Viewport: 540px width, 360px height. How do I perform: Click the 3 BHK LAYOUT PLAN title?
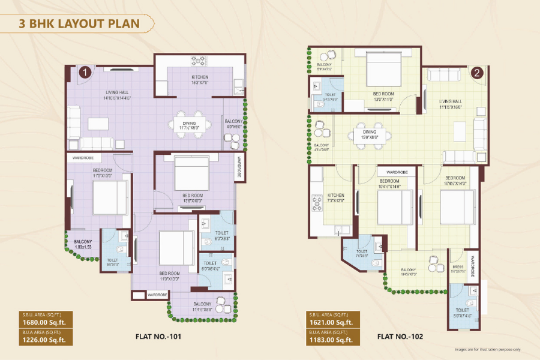click(79, 24)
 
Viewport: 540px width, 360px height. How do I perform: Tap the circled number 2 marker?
click(476, 74)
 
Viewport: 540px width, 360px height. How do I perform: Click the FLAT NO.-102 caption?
click(400, 337)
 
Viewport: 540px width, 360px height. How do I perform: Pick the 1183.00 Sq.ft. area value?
click(332, 341)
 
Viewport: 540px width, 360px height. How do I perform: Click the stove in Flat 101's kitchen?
click(199, 60)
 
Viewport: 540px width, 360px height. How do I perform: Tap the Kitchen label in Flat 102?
click(336, 197)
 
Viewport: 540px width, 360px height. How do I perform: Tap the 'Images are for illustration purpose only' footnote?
click(487, 349)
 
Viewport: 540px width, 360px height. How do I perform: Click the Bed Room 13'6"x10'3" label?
click(193, 197)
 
